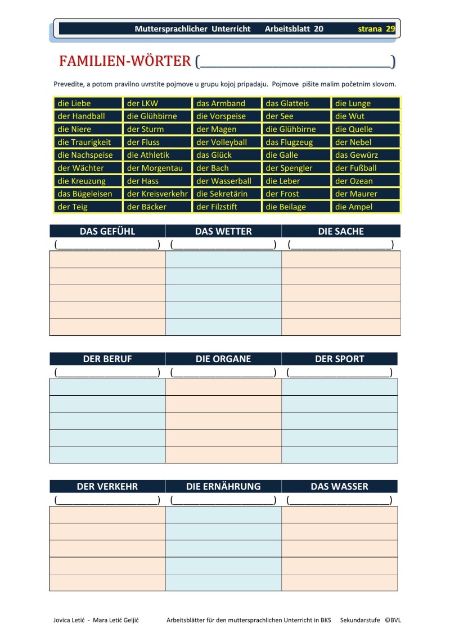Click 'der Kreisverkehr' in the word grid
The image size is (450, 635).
tap(157, 194)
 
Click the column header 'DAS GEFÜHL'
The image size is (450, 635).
tap(107, 231)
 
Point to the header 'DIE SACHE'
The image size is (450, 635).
tap(341, 231)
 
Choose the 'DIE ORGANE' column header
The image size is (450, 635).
tap(223, 359)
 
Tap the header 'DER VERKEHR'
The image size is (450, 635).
tap(107, 486)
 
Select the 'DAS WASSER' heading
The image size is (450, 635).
tap(340, 486)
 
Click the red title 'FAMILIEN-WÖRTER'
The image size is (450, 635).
tap(125, 61)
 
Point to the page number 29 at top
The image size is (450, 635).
tap(390, 29)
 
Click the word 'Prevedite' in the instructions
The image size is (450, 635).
tap(70, 84)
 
